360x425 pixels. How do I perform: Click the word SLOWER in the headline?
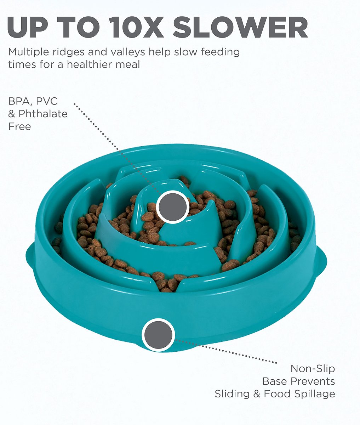coord(240,27)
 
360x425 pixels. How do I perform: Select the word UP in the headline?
coord(28,27)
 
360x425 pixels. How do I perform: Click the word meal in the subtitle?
coord(127,64)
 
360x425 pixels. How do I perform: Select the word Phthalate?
coord(43,114)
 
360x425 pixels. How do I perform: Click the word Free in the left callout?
coord(19,126)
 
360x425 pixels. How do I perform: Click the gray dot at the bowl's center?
coord(173,207)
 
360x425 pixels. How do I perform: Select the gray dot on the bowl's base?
coord(158,335)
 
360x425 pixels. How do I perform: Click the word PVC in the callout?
coord(47,101)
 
